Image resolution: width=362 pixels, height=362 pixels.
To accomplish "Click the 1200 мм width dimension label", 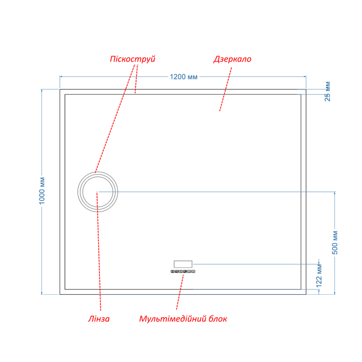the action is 183,76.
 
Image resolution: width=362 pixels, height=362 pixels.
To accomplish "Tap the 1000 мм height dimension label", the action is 42,191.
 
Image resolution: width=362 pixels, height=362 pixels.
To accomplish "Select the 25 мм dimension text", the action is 328,91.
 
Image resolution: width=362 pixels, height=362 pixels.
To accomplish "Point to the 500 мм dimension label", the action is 335,242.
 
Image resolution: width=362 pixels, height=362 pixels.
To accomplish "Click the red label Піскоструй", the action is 133,59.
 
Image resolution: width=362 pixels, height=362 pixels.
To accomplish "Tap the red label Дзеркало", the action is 232,59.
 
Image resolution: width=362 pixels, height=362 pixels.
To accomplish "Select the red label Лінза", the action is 99,319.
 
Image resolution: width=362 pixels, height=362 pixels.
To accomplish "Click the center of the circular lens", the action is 98,191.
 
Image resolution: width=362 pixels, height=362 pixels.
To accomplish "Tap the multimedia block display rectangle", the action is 183,264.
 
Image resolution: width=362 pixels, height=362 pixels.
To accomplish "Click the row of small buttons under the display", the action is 183,271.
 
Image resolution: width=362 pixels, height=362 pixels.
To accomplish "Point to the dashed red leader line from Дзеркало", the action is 226,89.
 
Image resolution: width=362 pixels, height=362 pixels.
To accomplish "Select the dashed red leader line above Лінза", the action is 99,251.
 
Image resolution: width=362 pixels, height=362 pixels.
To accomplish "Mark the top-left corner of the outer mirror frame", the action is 60,89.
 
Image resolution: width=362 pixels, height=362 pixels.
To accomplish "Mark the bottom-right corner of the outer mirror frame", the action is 306,294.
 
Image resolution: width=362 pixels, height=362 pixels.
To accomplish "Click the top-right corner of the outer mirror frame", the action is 306,89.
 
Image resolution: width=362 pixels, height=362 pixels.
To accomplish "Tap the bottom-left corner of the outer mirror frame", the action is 60,294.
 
